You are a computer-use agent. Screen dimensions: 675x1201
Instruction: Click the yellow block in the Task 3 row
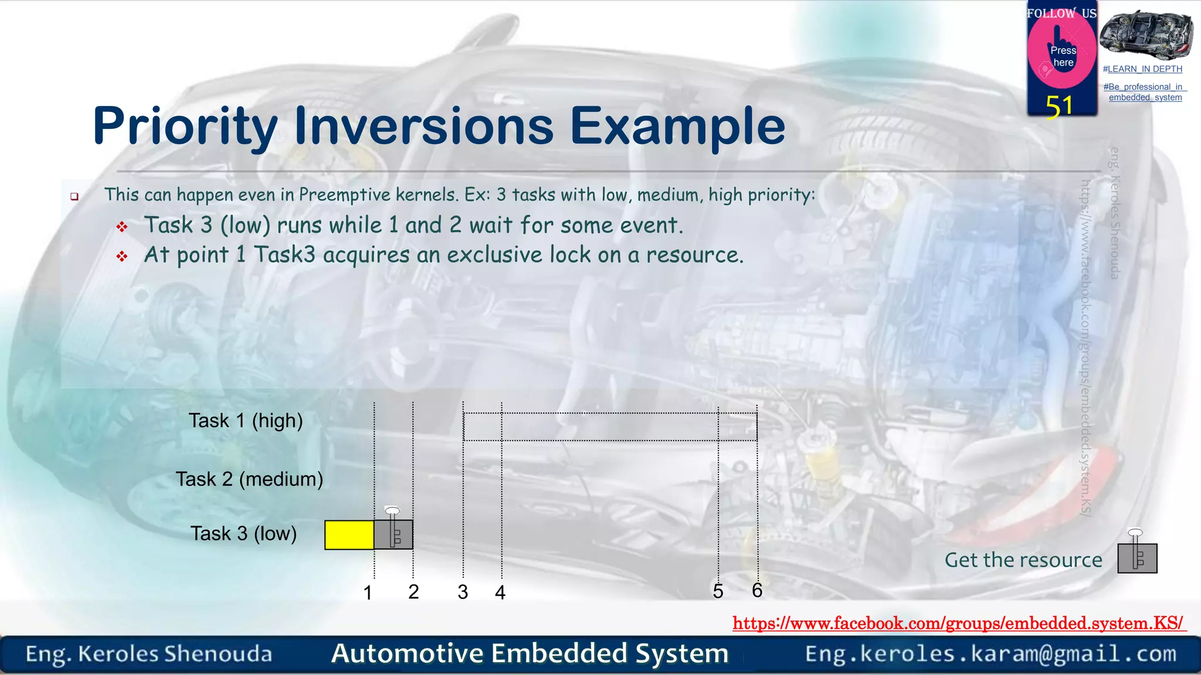(x=350, y=535)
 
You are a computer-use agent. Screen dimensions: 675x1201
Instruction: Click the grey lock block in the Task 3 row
(x=393, y=534)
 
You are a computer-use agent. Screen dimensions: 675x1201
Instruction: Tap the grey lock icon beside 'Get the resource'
(x=1137, y=557)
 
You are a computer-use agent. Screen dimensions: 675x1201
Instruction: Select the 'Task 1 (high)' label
(x=246, y=421)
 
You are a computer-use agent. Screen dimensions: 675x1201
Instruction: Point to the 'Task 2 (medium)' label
(x=249, y=479)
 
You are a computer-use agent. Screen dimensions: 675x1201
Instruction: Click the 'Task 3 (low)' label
(x=243, y=534)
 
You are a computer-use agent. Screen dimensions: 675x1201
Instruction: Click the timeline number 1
(x=368, y=592)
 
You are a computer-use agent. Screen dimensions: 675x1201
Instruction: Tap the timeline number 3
(x=463, y=592)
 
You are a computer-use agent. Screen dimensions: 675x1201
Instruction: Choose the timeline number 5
(x=718, y=591)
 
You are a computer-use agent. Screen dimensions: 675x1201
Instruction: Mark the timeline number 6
(x=757, y=590)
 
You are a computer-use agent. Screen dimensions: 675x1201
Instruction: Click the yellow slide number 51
(x=1059, y=107)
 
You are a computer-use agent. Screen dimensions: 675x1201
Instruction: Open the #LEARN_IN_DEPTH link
(x=1142, y=69)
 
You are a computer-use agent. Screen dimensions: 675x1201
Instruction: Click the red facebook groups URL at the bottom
(x=958, y=623)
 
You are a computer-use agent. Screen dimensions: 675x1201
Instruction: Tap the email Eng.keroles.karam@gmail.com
(x=990, y=654)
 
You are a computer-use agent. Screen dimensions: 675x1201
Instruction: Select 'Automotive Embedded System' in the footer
(x=530, y=653)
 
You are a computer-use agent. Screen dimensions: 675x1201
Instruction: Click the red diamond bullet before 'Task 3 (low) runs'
(x=122, y=227)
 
